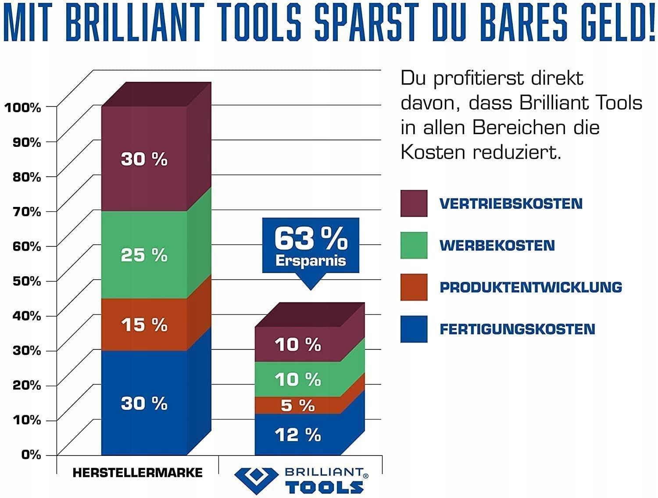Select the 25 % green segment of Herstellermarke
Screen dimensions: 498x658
(144, 255)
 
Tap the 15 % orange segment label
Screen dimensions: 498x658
(144, 325)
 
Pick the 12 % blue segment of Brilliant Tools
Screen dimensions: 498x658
(298, 435)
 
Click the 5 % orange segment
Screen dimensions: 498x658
(298, 406)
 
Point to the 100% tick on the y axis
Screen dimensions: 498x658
(22, 107)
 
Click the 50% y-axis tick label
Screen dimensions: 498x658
(26, 281)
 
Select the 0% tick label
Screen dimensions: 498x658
(31, 455)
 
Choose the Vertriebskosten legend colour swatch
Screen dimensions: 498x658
(414, 203)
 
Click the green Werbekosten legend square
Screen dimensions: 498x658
(414, 245)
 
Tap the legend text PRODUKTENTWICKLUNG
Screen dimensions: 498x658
(531, 288)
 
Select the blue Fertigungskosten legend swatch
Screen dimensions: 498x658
(414, 329)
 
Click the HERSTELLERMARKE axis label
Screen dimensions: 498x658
(137, 473)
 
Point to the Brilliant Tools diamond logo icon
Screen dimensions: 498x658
(256, 480)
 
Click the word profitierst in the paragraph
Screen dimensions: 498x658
(479, 79)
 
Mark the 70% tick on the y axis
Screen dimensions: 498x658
(26, 212)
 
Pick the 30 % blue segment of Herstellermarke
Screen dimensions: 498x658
(144, 403)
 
